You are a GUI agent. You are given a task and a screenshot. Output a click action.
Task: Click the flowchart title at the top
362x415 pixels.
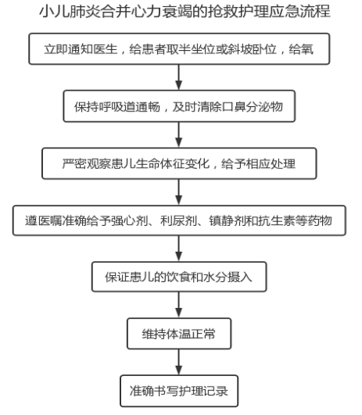[185, 12]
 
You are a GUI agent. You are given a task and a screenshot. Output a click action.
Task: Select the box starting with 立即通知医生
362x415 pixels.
[179, 49]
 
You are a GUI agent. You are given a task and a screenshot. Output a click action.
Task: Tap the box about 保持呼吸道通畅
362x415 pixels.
[179, 106]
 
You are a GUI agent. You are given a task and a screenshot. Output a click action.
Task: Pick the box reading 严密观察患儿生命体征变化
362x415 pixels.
[179, 163]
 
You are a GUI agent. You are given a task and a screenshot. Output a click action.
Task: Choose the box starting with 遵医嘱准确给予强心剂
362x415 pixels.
[179, 220]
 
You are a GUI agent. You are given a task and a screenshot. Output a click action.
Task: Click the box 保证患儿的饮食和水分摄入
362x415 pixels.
[179, 277]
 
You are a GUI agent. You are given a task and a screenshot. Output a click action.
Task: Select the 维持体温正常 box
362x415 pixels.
[179, 334]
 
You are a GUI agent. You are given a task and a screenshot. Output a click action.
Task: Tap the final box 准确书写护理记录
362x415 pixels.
[179, 391]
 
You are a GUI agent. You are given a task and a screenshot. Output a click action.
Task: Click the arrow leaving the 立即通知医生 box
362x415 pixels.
[179, 77]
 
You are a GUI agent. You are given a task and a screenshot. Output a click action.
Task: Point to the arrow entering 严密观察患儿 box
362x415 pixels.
[179, 134]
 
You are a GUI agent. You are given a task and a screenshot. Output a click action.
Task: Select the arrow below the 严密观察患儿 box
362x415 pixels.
[179, 192]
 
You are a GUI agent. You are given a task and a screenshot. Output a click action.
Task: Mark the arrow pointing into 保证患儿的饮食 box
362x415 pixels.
[179, 249]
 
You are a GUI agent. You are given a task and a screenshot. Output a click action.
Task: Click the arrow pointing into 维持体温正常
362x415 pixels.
[179, 305]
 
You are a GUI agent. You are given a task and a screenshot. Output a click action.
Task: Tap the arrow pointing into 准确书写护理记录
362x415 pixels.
[179, 362]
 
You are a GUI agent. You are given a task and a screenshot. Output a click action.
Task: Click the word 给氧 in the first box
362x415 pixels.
[301, 49]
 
